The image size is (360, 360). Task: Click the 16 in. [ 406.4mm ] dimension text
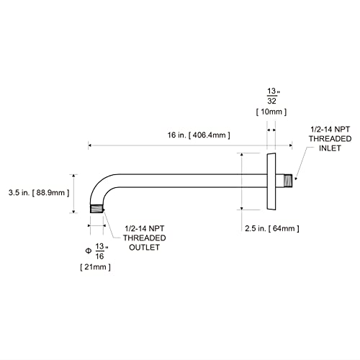199,135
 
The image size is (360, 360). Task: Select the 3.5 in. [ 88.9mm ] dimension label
39,192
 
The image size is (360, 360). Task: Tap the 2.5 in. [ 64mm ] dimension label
272,228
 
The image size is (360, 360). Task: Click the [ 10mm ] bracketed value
271,112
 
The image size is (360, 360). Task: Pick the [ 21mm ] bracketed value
96,267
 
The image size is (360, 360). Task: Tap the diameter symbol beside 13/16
89,251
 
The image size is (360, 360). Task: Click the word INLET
330,148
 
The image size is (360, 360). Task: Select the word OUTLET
144,248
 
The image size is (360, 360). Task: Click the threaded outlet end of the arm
96,209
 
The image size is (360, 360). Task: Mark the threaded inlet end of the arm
288,181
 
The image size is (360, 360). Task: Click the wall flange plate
271,181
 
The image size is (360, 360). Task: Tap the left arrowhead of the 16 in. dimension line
90,145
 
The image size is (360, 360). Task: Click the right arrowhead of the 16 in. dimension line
291,145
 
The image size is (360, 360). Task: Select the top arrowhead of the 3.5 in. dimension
73,176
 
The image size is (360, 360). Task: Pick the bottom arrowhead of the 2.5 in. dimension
242,208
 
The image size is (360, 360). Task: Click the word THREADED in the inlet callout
330,139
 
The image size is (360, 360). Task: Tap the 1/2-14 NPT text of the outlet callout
144,228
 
